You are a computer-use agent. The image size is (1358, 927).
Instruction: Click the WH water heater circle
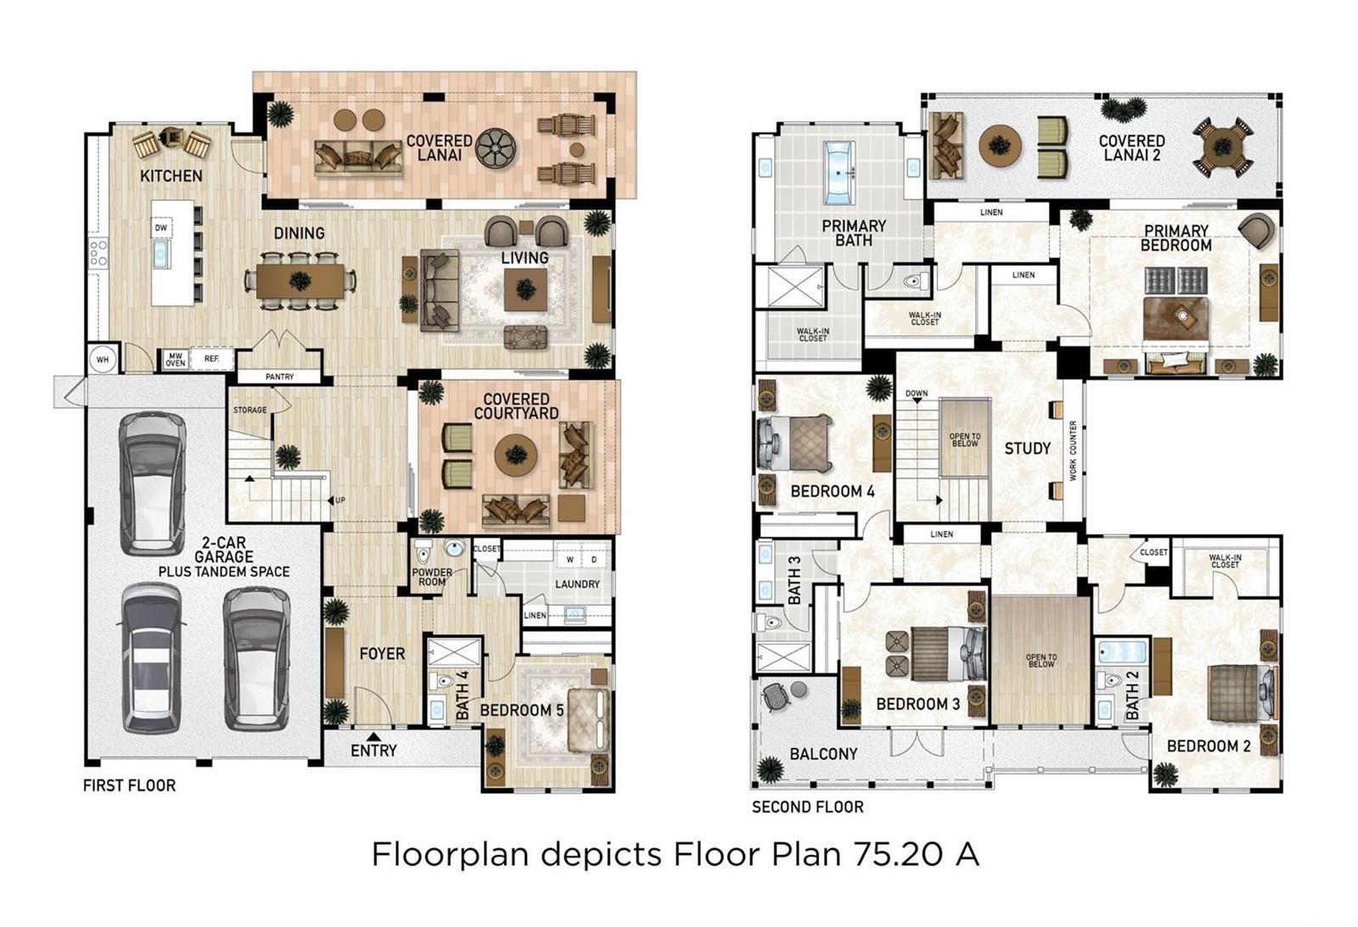[103, 360]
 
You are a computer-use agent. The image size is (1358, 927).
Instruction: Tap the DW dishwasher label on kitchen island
[160, 228]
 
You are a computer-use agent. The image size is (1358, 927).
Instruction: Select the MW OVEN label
[175, 360]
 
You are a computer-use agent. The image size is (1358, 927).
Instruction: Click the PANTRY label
[279, 377]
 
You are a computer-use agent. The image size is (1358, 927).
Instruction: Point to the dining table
[300, 282]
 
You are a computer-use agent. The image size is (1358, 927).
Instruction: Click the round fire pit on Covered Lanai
[496, 148]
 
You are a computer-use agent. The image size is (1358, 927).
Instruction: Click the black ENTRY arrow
[374, 737]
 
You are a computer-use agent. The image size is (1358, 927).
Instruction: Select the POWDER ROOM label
[432, 577]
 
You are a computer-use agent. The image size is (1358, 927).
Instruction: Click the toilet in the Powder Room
[424, 553]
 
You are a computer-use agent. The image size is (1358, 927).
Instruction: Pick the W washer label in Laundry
[570, 560]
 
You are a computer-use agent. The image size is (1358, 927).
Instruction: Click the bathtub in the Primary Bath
[839, 173]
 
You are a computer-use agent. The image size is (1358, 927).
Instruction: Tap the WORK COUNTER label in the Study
[1073, 450]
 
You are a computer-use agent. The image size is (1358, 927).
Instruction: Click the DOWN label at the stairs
[917, 394]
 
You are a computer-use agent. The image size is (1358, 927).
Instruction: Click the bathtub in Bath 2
[1122, 652]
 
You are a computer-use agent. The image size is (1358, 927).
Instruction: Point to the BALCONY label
[823, 754]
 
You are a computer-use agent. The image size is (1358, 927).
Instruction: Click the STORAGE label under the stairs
[250, 410]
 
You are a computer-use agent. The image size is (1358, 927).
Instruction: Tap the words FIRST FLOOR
[129, 786]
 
